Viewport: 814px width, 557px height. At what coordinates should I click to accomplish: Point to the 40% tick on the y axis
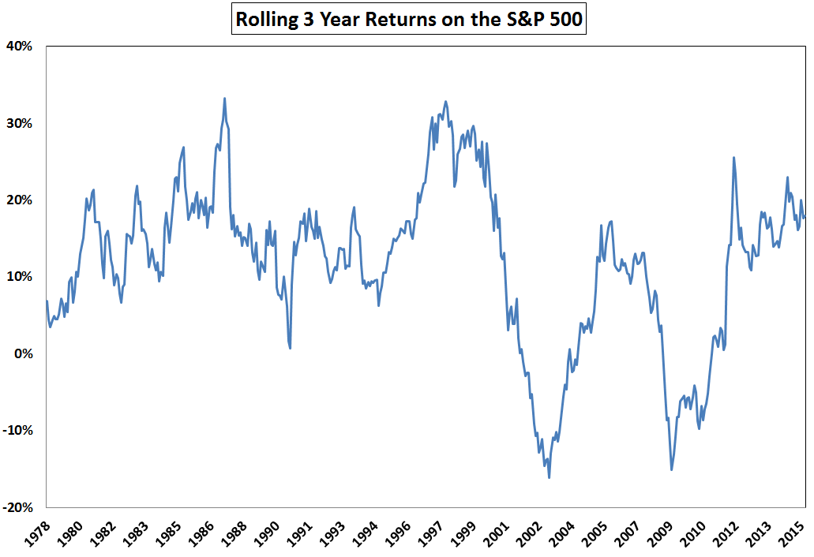[20, 46]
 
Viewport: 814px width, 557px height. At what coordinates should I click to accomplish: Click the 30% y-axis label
[20, 123]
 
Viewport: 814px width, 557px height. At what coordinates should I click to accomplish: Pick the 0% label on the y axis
[23, 353]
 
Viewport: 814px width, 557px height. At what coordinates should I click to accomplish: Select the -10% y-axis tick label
[17, 430]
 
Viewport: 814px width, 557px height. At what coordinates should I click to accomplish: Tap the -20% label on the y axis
[17, 507]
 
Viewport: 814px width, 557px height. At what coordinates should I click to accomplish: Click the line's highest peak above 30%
[225, 99]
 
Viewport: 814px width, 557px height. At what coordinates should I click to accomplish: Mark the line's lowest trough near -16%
[549, 477]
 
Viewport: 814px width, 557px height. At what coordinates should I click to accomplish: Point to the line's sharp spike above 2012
[733, 158]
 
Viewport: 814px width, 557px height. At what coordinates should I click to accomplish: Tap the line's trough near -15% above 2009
[671, 469]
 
